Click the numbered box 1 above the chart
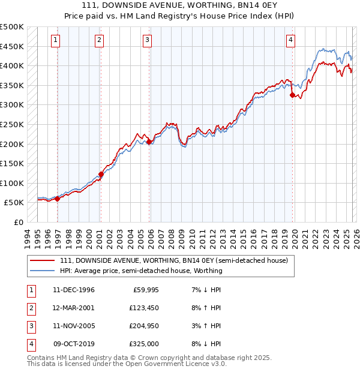(55, 40)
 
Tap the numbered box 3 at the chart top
(148, 40)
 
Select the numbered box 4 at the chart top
(290, 40)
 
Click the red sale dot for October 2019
(292, 95)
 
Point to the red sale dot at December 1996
(58, 199)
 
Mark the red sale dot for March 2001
(101, 174)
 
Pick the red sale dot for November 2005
(149, 142)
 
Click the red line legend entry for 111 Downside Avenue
(174, 260)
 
